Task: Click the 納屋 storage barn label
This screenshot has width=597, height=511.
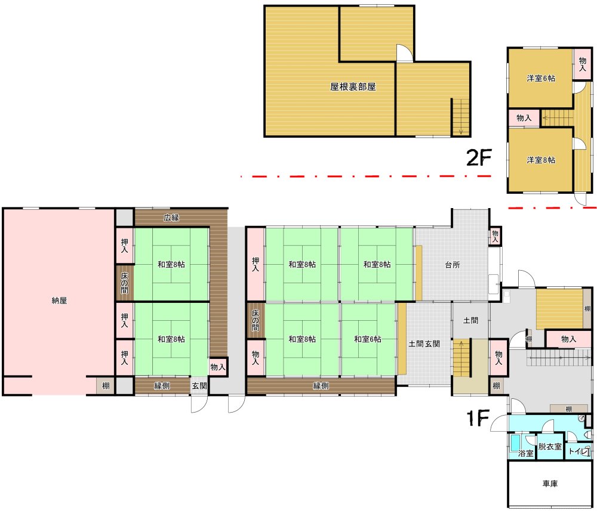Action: click(x=59, y=301)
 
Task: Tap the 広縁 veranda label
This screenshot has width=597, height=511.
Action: click(x=171, y=218)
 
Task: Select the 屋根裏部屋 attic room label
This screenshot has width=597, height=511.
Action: click(x=353, y=87)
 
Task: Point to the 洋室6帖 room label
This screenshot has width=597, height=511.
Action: click(x=541, y=78)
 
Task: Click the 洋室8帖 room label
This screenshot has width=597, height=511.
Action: click(x=541, y=160)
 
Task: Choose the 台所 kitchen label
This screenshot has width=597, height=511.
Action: click(x=453, y=265)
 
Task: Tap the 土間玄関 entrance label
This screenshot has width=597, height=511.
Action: click(x=424, y=344)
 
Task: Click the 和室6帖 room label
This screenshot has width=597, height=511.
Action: click(x=367, y=339)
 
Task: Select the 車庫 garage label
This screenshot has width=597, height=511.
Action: click(x=550, y=484)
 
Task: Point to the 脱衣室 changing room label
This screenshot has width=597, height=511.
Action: click(x=550, y=447)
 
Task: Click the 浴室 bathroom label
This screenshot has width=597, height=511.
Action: click(x=526, y=453)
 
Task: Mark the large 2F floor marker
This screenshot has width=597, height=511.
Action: click(x=479, y=157)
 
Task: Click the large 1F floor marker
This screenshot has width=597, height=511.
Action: click(x=478, y=419)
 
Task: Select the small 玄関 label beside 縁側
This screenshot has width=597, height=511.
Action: click(x=199, y=386)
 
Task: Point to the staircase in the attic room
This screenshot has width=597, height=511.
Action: click(x=460, y=117)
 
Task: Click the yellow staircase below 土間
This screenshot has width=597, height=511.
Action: click(x=461, y=358)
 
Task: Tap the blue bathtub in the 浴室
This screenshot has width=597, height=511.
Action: click(x=516, y=444)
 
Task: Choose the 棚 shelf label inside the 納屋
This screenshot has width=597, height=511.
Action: click(x=106, y=386)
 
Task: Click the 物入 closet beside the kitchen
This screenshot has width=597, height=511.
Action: click(x=495, y=237)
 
